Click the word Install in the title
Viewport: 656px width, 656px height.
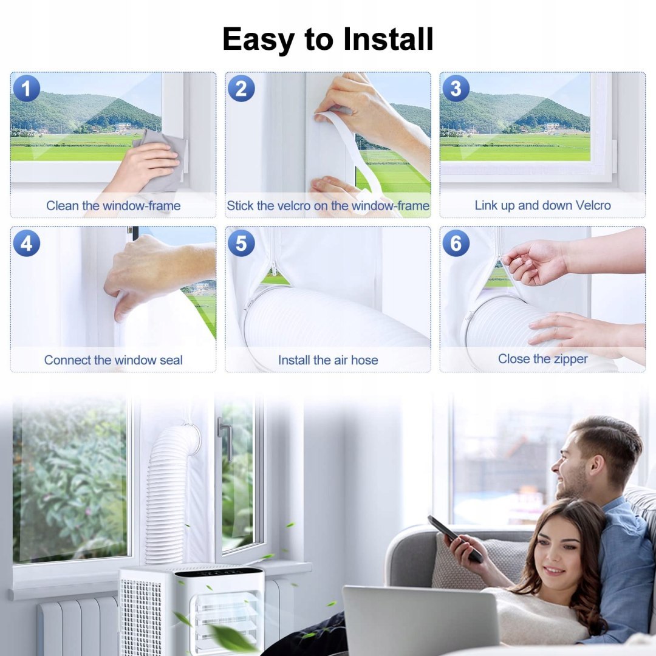click(388, 39)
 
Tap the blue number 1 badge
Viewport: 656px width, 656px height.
click(26, 89)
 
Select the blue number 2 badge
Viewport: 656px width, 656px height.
click(241, 89)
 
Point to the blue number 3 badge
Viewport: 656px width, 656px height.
click(456, 89)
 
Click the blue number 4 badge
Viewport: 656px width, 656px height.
click(26, 243)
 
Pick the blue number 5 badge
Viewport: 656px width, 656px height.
click(241, 243)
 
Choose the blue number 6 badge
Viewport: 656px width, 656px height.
click(456, 243)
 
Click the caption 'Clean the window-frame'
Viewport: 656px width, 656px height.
click(114, 205)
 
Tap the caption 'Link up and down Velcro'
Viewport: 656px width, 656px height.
click(542, 205)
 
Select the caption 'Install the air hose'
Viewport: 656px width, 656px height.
click(328, 360)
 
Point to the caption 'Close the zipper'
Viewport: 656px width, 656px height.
click(542, 359)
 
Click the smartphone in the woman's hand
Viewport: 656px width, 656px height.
click(455, 538)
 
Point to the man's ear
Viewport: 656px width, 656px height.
click(596, 461)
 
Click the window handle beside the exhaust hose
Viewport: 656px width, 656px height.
click(225, 439)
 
